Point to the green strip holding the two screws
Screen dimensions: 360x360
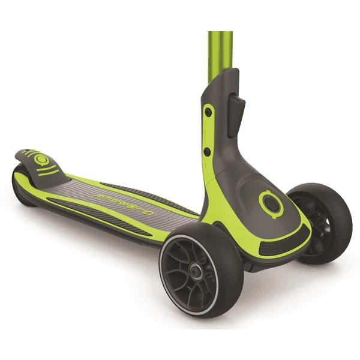pyautogui.click(x=208, y=132)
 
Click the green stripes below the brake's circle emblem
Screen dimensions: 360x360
pyautogui.click(x=47, y=171)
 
